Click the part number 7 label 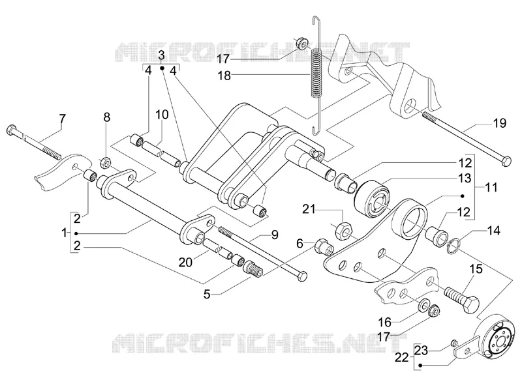[x=62, y=119]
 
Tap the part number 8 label [x=106, y=117]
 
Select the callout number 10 [x=162, y=115]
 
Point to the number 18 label [x=224, y=76]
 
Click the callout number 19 [x=500, y=123]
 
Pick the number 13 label [x=465, y=178]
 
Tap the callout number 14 [x=494, y=231]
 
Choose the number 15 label [x=476, y=268]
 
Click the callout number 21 [x=309, y=209]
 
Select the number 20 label [x=185, y=263]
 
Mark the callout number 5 [x=207, y=295]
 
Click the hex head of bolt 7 [x=11, y=130]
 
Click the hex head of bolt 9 [x=302, y=276]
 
